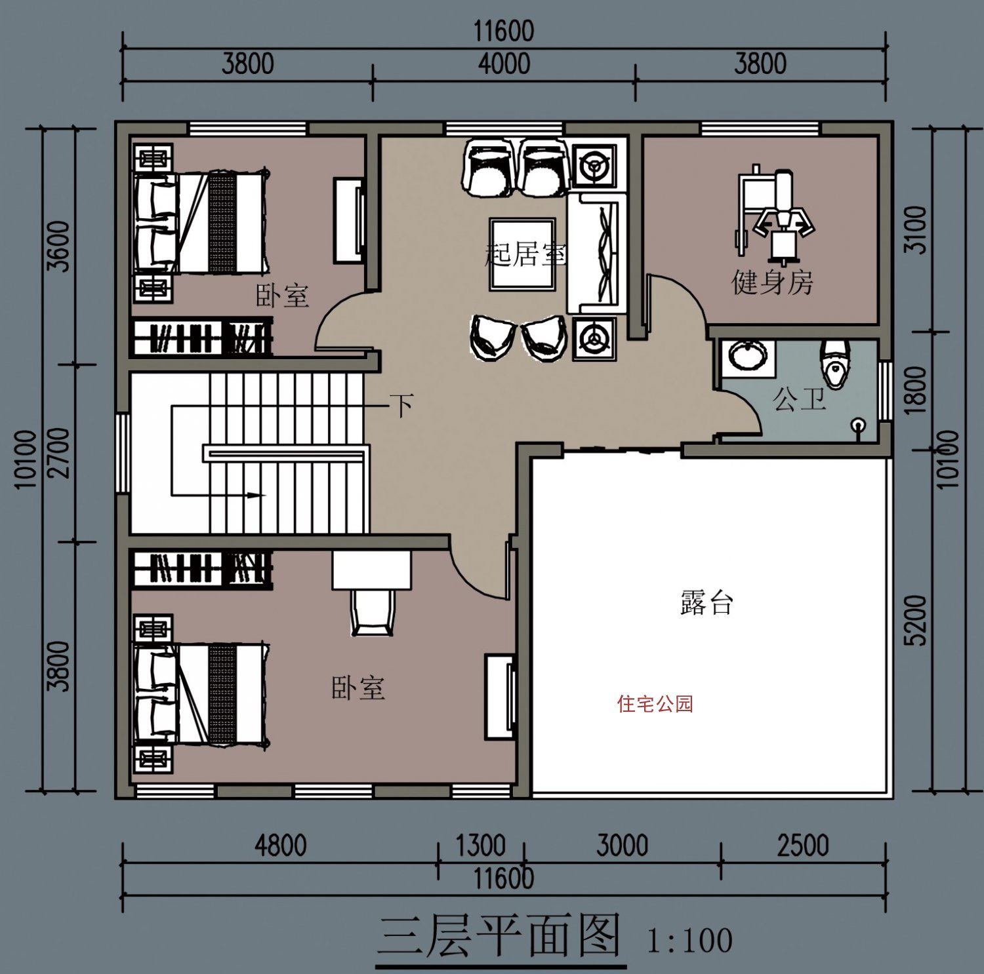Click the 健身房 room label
772,282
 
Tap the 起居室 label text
525,254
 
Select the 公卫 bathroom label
798,399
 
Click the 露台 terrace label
706,602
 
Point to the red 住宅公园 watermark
655,704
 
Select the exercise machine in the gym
774,213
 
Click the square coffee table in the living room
522,254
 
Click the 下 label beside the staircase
401,405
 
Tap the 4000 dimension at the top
504,64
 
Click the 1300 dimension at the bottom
480,846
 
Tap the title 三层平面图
500,936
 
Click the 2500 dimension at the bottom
803,846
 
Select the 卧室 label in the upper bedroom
281,296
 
